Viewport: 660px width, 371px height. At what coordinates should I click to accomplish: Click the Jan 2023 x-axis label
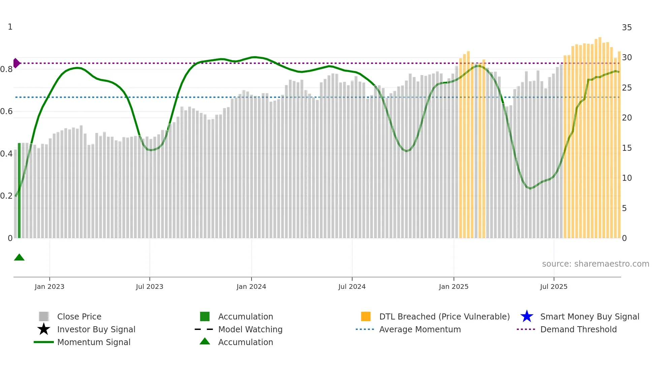coord(49,286)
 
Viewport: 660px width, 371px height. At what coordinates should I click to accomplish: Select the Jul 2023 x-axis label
coord(150,286)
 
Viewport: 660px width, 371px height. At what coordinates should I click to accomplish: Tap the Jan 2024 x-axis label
coord(251,286)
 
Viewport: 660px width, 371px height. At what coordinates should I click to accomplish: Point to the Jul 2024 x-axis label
coord(352,286)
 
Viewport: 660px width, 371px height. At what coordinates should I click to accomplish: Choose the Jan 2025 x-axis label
coord(454,286)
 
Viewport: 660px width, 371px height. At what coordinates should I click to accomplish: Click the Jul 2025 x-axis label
coord(554,286)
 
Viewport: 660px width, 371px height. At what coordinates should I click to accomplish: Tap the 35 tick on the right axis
coord(627,28)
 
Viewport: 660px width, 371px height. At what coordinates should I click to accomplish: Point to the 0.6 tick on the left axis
coord(6,111)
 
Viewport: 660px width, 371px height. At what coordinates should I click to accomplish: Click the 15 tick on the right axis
coord(627,148)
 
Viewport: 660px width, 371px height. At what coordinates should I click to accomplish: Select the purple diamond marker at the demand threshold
coord(16,63)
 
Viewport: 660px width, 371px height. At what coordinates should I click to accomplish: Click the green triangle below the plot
coord(19,258)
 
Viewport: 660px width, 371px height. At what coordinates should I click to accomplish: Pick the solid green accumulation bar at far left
coord(19,190)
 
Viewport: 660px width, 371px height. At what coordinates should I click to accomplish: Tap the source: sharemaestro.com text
coord(595,264)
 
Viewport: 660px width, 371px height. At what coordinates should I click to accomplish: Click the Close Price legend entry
coord(79,316)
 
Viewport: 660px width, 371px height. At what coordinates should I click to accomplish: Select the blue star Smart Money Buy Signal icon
coord(527,316)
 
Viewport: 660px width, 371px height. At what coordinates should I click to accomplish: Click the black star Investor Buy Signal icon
coord(44,329)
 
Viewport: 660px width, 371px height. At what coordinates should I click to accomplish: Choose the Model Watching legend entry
coord(250,329)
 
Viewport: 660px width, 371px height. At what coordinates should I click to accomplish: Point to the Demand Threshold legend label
coord(578,329)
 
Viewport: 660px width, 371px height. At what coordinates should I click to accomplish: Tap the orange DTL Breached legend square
coord(366,316)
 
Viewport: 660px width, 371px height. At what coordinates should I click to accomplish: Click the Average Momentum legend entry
coord(420,329)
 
